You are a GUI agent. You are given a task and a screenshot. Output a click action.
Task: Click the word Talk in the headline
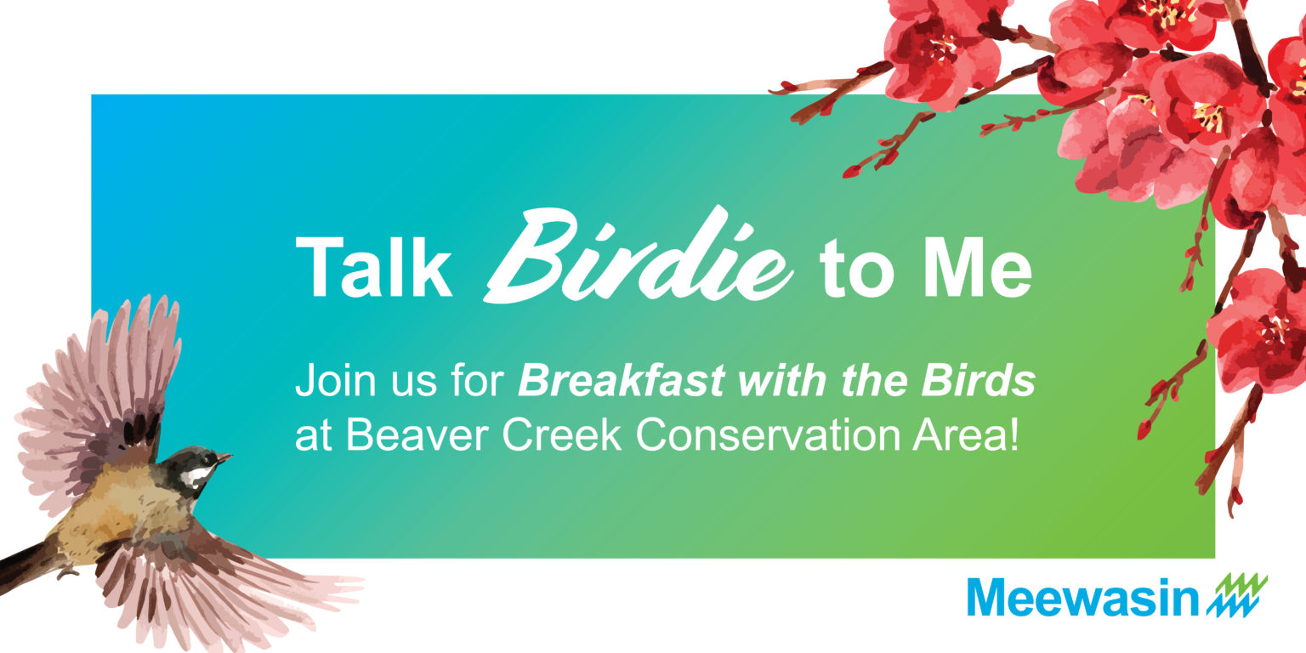(374, 268)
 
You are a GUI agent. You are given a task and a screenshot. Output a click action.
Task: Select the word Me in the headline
(978, 268)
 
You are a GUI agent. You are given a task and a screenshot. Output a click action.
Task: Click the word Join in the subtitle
(335, 380)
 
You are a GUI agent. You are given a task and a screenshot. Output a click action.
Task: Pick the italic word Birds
(979, 380)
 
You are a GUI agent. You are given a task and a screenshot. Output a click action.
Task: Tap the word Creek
(561, 435)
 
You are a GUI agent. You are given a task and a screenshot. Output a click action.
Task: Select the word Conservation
(768, 435)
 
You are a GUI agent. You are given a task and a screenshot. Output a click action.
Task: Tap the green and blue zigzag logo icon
(1237, 594)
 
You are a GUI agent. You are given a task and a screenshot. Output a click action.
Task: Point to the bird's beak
(224, 457)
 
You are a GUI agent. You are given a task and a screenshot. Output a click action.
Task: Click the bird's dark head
(196, 467)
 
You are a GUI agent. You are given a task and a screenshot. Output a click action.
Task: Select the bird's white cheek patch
(196, 478)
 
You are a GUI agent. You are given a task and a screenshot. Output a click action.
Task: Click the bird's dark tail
(26, 565)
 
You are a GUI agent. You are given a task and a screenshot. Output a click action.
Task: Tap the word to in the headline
(856, 271)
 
